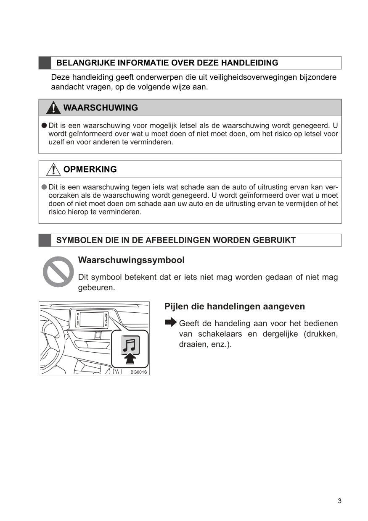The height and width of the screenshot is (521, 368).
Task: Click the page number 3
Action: pos(339,501)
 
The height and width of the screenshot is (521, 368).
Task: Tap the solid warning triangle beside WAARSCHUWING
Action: pos(53,108)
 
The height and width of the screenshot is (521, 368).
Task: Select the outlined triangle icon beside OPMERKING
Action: pos(53,169)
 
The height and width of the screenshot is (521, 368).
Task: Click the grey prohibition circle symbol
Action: pos(58,272)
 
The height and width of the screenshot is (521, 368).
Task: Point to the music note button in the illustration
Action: pos(130,345)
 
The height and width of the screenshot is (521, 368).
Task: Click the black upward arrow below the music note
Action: pos(130,359)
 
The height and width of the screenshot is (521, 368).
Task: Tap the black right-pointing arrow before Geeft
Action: pos(171,322)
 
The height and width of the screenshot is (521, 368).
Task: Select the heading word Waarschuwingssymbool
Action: pos(131,260)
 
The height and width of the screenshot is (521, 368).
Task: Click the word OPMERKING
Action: pos(90,170)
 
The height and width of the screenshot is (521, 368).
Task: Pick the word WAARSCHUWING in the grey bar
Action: pos(101,108)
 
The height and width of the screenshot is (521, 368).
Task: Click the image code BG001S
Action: pos(138,372)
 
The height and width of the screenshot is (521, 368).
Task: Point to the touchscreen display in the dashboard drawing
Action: pos(92,320)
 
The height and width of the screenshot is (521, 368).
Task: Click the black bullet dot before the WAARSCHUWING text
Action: pos(44,126)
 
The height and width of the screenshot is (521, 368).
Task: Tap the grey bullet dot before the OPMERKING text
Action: pos(44,187)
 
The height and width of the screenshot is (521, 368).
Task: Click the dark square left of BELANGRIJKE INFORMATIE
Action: pos(45,63)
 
